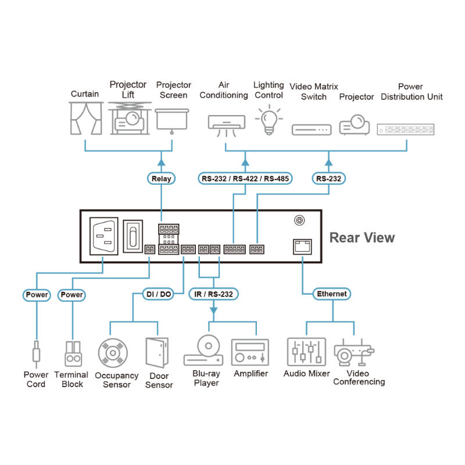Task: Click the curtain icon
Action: coord(85,118)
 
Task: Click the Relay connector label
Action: coord(161,178)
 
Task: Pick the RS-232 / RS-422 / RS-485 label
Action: coord(245,178)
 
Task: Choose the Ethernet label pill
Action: coord(332,294)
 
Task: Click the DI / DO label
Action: coord(158,294)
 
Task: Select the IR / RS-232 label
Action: coord(213,294)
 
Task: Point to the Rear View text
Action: coord(362,238)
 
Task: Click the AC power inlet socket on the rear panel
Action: coord(103,237)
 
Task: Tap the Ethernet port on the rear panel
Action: coord(302,246)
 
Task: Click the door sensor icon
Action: coord(157,355)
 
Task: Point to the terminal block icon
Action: coord(73,353)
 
